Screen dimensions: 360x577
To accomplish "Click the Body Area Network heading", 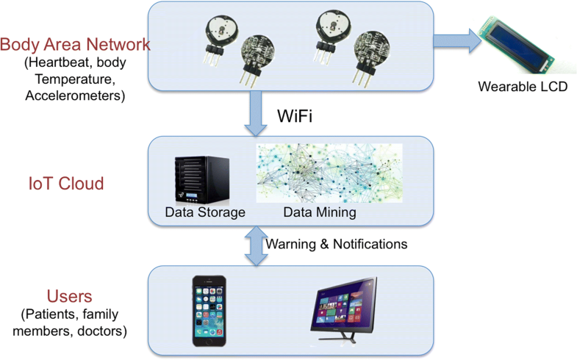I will (74, 44).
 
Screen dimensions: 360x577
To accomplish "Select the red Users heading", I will (69, 296).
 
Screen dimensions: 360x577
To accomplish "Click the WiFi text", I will (295, 116).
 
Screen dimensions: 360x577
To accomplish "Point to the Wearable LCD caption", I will (523, 87).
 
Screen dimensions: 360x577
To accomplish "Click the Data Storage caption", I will (205, 213).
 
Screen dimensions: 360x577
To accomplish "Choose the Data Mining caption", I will (320, 213).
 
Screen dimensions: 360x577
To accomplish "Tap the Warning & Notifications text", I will (336, 243).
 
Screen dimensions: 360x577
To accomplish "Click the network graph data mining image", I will (329, 173).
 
